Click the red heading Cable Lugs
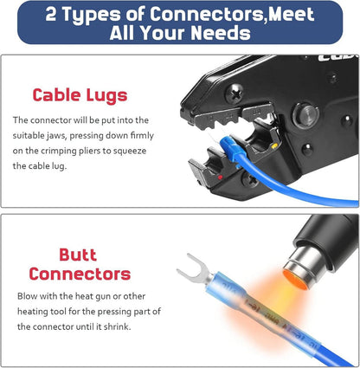coord(80,95)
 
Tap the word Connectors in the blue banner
coord(207,14)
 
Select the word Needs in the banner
coord(221,33)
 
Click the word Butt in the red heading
coord(78,255)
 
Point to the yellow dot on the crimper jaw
coord(274,145)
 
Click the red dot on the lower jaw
coord(220,178)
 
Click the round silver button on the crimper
coord(306,115)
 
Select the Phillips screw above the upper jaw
coord(234,94)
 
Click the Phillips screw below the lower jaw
coord(250,180)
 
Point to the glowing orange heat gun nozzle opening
coord(295,280)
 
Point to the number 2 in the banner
coord(51,14)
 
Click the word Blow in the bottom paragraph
coord(27,296)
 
